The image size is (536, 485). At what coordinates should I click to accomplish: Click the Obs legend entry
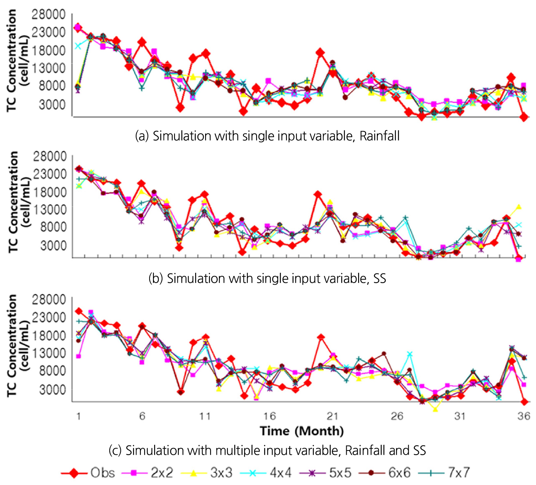(x=102, y=473)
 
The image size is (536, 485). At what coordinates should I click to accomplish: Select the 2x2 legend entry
(x=161, y=473)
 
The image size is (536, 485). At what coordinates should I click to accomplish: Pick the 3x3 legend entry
(x=221, y=473)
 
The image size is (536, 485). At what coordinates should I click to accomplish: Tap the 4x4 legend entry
(x=280, y=473)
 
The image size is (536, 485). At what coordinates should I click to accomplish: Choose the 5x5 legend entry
(x=340, y=473)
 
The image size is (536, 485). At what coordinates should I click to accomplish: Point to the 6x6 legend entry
(x=399, y=473)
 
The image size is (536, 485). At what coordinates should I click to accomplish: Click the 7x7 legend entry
(x=459, y=473)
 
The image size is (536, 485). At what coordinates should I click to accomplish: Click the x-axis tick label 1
(x=79, y=416)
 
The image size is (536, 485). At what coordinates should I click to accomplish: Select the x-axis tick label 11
(x=205, y=416)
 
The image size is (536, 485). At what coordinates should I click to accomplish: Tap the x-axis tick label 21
(x=332, y=416)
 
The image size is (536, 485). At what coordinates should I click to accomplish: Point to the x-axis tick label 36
(x=523, y=416)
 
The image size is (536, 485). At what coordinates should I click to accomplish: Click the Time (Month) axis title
(x=302, y=431)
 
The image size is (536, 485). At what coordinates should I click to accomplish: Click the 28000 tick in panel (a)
(x=49, y=15)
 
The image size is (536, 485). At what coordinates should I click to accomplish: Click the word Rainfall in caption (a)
(x=380, y=136)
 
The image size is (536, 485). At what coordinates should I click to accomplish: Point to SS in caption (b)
(x=379, y=278)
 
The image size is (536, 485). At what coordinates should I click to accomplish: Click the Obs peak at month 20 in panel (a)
(x=320, y=52)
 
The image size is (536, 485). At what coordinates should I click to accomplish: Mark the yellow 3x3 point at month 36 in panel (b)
(x=519, y=207)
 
